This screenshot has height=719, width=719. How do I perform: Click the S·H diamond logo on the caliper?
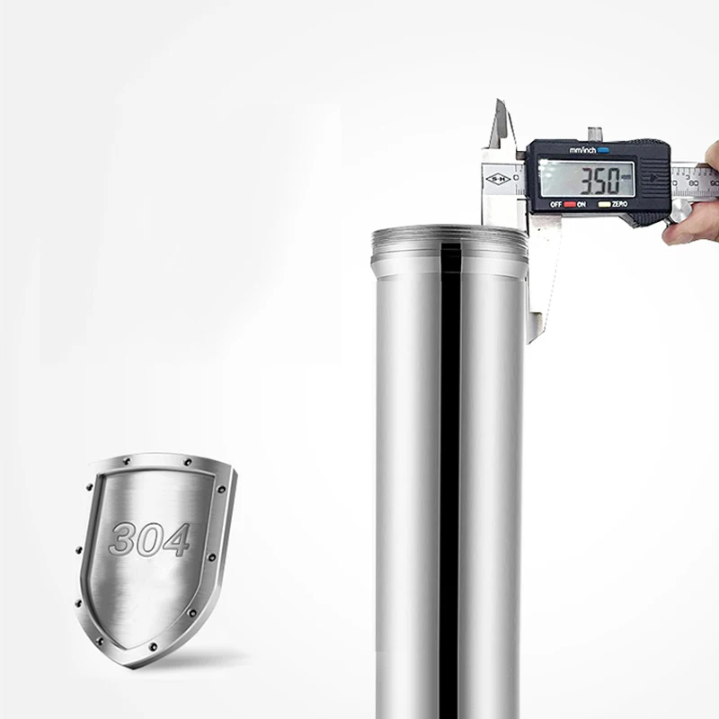pos(497,179)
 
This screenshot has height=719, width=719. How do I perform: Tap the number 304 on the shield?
pos(149,539)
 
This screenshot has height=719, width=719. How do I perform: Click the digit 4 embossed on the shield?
pos(177,540)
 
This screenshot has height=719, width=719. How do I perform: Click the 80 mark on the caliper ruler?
pos(693,182)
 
